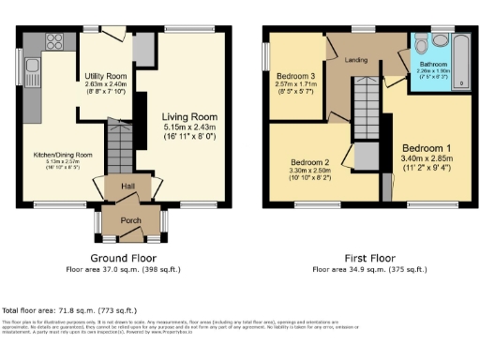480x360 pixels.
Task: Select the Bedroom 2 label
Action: pyautogui.click(x=310, y=160)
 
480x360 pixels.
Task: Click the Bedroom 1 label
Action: pyautogui.click(x=427, y=148)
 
